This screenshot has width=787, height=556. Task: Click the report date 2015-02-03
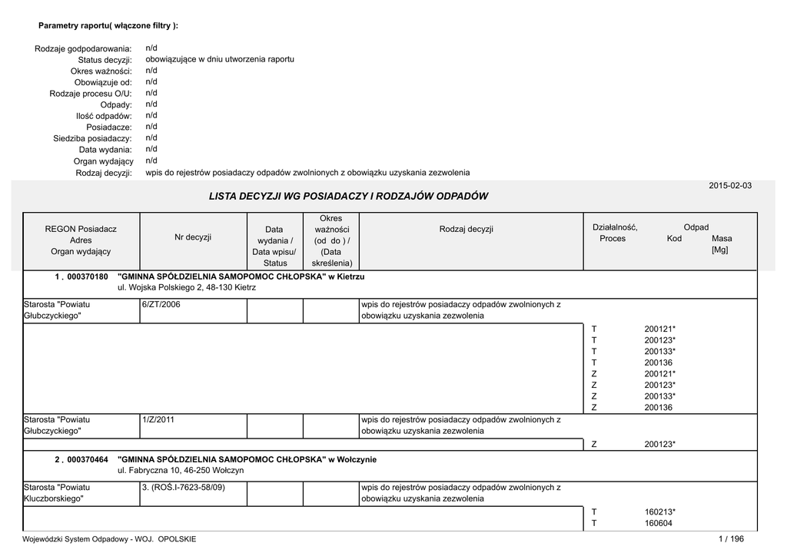pos(730,186)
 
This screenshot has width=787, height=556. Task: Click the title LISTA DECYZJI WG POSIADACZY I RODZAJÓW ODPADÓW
pos(348,197)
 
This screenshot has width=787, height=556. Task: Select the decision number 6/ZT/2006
pos(161,305)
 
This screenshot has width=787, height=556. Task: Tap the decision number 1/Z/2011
pos(158,420)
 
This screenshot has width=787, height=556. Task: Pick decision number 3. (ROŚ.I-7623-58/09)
pos(183,488)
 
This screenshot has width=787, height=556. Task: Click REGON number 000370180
pos(88,276)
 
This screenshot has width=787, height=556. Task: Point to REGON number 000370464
pos(88,459)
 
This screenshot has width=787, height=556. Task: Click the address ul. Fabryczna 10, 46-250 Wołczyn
pos(181,470)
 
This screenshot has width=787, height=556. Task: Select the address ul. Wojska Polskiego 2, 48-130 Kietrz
pos(187,287)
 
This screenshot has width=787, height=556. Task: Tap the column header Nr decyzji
pos(193,237)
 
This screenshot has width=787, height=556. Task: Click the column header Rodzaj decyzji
pos(467,229)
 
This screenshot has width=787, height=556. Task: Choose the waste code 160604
pos(659,523)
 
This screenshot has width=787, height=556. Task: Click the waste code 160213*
pos(660,511)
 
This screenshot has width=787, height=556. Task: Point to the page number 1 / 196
pos(731,539)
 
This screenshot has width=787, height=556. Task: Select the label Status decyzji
pos(105,60)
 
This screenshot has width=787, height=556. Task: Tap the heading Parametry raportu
pos(108,26)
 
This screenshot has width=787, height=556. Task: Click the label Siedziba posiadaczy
pos(92,139)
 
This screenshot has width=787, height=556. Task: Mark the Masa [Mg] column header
pos(722,244)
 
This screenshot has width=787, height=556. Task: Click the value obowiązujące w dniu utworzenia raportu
pos(220,59)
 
